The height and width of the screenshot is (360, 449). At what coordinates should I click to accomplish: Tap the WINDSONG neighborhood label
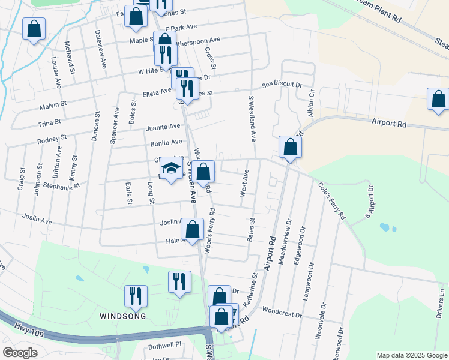coord(122,316)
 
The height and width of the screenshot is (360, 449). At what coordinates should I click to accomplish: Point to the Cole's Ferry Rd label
coord(333,200)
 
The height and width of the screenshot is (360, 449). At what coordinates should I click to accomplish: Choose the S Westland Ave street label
coord(252,118)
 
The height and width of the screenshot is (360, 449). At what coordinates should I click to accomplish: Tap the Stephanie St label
coord(61,187)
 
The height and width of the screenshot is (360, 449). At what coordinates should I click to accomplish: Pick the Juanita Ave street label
coord(163,127)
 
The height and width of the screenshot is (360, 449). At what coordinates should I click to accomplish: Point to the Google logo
coord(19,353)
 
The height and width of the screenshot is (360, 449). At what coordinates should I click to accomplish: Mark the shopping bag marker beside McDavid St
coord(34,28)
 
